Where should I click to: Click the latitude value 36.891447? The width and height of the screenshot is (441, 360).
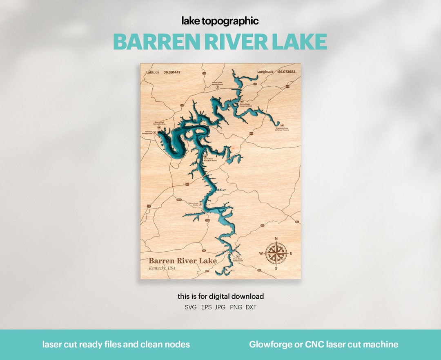point(172,72)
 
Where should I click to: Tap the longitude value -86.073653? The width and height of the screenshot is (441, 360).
point(286,72)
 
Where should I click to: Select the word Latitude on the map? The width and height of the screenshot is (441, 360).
point(153,72)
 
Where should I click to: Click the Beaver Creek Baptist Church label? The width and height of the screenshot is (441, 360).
point(217,83)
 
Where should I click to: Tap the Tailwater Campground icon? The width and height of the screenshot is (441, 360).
point(154,132)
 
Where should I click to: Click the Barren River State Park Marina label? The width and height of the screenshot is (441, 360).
point(210,160)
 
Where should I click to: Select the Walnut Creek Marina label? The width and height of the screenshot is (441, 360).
point(193,203)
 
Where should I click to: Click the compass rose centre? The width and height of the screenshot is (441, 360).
point(276,253)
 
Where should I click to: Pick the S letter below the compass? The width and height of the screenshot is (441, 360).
point(276,268)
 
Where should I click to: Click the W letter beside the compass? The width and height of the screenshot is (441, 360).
point(261,253)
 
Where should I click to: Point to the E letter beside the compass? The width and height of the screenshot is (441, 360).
point(291,253)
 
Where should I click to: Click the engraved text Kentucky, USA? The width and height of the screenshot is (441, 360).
point(162,268)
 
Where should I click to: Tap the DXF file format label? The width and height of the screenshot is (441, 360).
point(251,307)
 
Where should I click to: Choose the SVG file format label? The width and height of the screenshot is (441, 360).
point(191,307)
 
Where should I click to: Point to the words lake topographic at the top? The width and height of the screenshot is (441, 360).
point(220,21)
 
